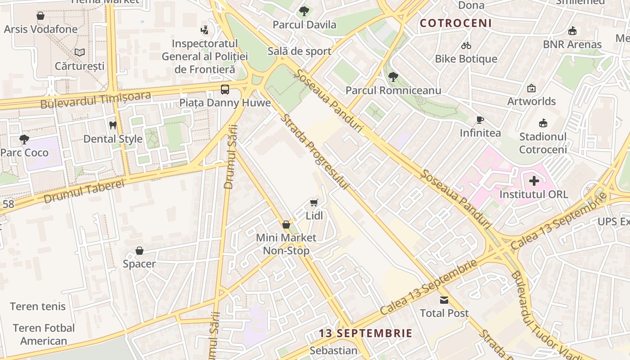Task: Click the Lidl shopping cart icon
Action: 314,203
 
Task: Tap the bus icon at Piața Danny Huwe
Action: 225,89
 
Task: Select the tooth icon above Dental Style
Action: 113,125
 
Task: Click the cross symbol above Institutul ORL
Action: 534,181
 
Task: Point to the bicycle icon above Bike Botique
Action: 466,45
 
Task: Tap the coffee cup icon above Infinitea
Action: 480,120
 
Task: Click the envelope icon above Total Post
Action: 444,300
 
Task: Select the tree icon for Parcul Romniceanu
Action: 393,77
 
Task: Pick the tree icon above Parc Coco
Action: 24,139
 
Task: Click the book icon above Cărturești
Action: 80,53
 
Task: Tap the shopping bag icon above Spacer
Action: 139,251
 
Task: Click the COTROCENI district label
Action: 455,23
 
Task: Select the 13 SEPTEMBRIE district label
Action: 365,333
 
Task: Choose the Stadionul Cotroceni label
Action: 543,143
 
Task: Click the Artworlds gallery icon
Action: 531,88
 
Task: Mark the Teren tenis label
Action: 38,306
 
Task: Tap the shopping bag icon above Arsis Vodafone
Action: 40,16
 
